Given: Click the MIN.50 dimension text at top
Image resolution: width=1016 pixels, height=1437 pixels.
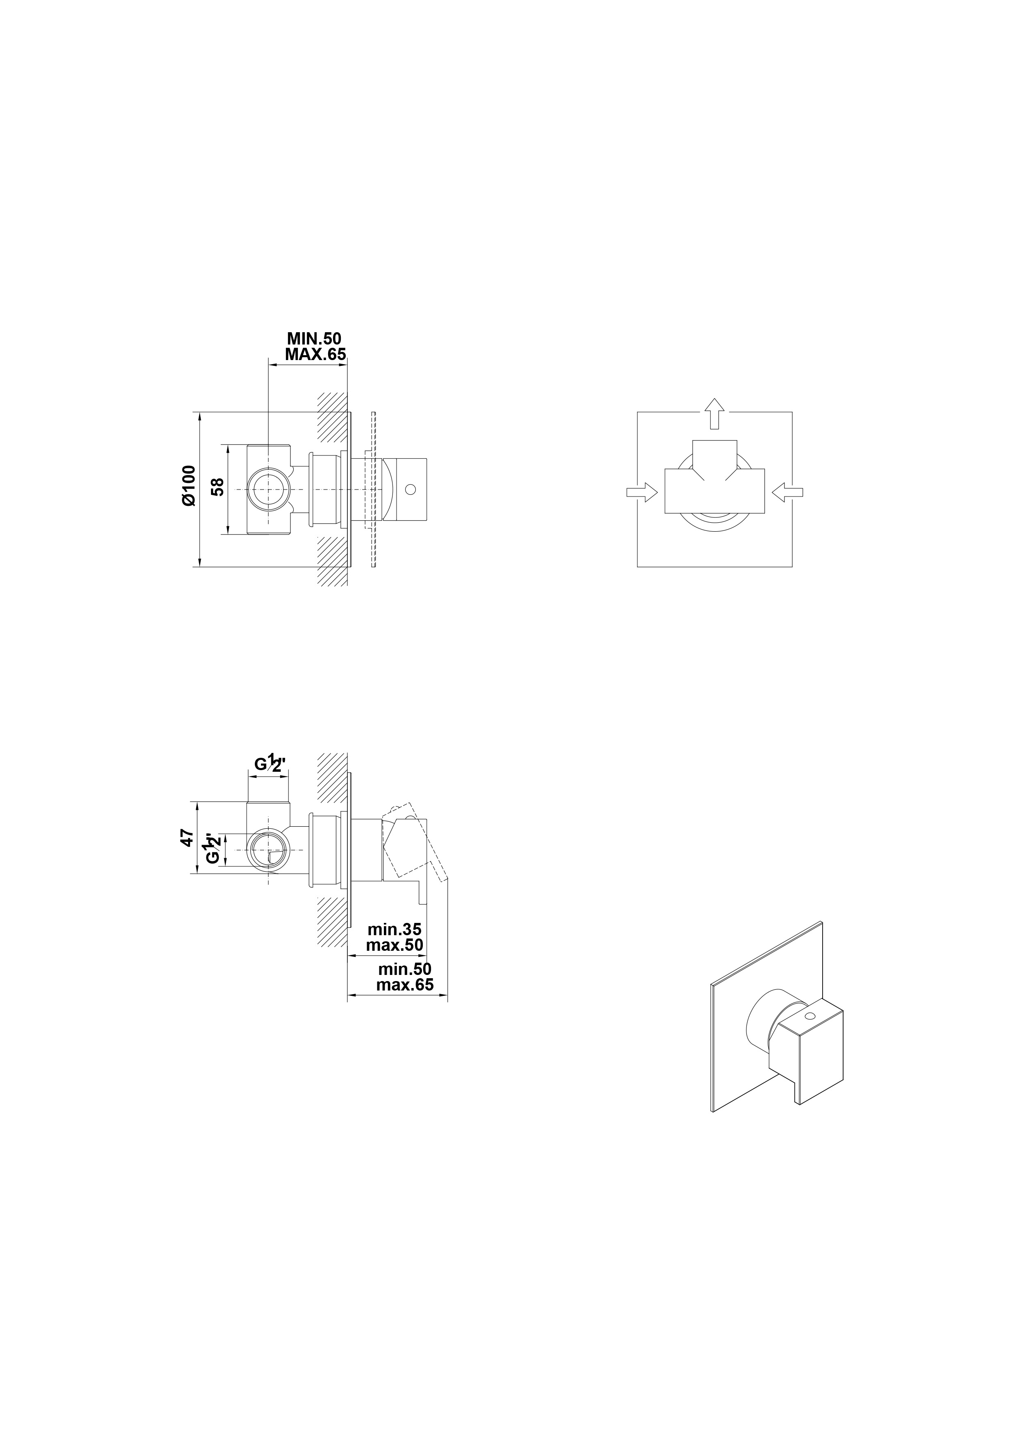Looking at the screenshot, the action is (314, 339).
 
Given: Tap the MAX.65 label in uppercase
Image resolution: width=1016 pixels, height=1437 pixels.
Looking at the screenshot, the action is (315, 354).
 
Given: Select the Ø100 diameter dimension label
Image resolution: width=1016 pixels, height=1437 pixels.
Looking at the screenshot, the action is (188, 485).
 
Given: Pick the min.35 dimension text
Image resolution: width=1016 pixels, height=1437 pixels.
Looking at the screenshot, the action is (395, 929).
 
